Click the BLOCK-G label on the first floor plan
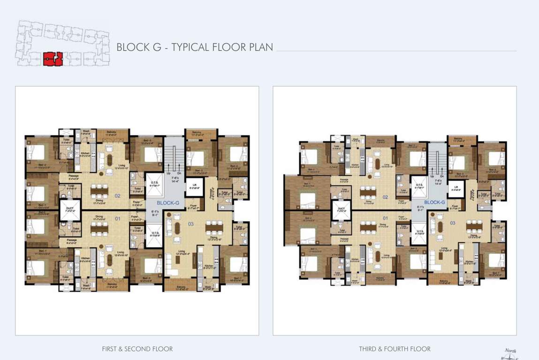(168, 203)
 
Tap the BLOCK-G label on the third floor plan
(434, 202)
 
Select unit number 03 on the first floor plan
(190, 224)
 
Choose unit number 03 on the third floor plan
(453, 223)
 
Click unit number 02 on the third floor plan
(385, 197)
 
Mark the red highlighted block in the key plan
(53, 59)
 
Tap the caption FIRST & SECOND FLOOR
(137, 349)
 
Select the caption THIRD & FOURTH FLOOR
(395, 349)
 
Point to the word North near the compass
(510, 350)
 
